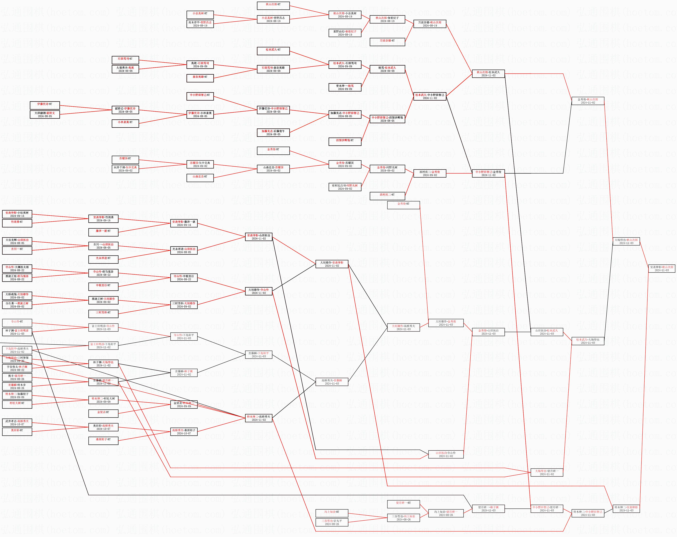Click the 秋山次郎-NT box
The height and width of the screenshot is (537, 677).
(273, 6)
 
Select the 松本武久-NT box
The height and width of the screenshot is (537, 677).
(273, 51)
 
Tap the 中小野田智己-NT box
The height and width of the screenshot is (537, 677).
(200, 96)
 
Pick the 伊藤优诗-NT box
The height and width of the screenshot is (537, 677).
(45, 105)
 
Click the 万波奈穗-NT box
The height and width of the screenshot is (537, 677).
(387, 42)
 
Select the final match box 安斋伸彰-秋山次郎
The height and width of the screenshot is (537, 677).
(662, 268)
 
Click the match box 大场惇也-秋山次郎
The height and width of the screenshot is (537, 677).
(626, 241)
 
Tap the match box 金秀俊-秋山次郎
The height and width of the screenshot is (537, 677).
(588, 101)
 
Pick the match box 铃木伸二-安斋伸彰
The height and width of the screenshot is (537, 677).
(626, 509)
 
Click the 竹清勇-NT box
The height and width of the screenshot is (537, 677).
(17, 223)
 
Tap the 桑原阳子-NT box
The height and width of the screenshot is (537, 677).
(103, 441)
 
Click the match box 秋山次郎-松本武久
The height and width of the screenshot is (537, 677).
(488, 74)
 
